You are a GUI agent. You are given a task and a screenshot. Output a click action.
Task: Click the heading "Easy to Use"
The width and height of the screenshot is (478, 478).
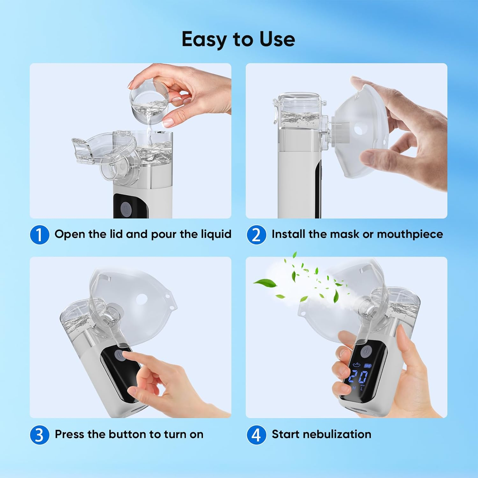(x=238, y=40)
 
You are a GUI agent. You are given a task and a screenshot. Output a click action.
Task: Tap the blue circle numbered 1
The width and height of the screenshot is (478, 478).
(x=40, y=235)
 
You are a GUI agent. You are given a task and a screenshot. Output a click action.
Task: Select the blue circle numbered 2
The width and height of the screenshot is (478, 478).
(x=256, y=235)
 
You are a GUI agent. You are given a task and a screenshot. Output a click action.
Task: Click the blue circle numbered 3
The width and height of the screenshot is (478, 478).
(x=40, y=435)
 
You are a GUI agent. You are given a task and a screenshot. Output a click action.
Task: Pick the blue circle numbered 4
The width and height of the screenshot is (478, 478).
(x=256, y=435)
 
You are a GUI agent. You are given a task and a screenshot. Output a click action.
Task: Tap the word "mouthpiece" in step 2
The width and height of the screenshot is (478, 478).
(x=410, y=235)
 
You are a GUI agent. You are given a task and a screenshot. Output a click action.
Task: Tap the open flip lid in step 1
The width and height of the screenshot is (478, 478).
(x=96, y=150)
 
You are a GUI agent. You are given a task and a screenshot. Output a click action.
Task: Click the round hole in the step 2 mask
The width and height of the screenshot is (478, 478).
(x=359, y=130)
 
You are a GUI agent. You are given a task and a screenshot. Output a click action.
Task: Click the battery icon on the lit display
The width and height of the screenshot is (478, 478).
(x=368, y=366)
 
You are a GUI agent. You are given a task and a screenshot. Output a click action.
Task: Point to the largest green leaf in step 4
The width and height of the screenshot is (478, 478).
(x=265, y=283)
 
